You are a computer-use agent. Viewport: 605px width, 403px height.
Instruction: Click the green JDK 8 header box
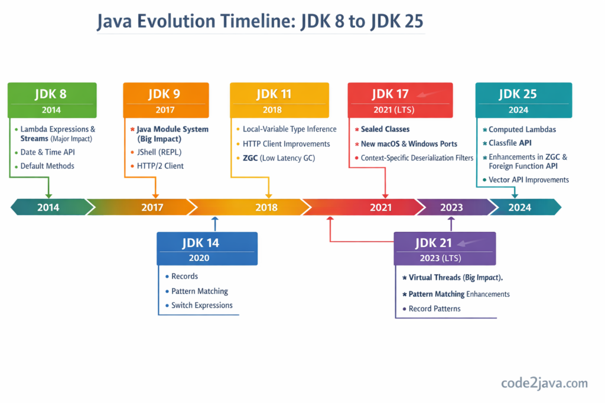[52, 100]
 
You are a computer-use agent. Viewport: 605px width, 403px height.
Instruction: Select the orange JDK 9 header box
[165, 100]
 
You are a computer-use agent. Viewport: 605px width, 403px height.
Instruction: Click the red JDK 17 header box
[400, 100]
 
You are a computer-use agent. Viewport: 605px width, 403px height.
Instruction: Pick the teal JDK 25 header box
[523, 100]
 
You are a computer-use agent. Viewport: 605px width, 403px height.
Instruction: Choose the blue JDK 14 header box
[207, 248]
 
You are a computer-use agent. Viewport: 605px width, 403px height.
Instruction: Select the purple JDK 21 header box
[445, 248]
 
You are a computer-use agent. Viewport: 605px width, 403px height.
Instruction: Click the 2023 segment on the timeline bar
[451, 207]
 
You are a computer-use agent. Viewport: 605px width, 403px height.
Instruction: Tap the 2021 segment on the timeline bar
[380, 207]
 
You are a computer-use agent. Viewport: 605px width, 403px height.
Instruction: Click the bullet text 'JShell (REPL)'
[160, 152]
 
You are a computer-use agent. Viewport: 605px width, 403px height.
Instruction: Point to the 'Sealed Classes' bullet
[385, 129]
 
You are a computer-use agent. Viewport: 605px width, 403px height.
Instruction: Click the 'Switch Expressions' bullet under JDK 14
[201, 306]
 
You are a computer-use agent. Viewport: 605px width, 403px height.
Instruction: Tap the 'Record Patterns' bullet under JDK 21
[434, 309]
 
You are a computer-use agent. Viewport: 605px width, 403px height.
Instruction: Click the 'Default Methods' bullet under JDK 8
[47, 166]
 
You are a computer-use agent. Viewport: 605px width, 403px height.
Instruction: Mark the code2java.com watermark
[544, 383]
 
